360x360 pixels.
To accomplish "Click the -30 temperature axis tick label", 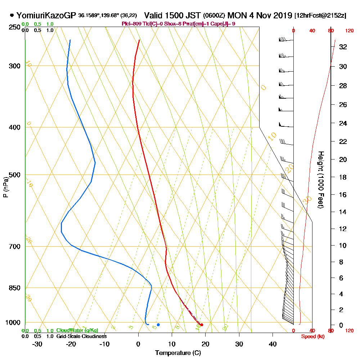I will point(37,344).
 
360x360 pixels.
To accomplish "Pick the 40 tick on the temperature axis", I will point(273,344).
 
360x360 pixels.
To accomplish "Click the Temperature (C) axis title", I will point(178,353).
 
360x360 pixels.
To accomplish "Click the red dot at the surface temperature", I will point(202,325).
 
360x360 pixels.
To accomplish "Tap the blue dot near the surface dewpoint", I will point(158,325).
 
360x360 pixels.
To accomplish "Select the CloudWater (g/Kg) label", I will point(77,330).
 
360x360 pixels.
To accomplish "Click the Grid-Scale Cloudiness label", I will point(81,336).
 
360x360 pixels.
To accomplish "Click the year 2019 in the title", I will point(283,15).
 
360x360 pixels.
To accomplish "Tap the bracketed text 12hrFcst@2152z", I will point(320,16).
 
